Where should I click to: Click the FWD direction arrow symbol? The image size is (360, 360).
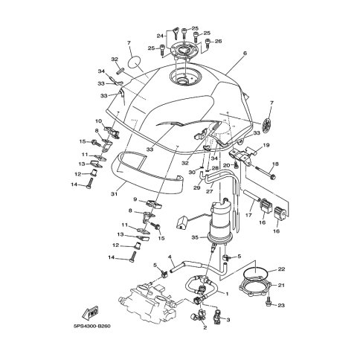coord(91,312)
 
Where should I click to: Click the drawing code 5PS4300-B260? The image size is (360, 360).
coord(91,326)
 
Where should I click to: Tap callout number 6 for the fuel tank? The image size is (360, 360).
coord(245,53)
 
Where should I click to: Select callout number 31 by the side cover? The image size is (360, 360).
coord(114,194)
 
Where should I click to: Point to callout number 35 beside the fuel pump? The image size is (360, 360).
coord(195,237)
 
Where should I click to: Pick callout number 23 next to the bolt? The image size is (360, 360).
coord(281,306)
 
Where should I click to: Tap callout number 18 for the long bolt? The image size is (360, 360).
coord(275,164)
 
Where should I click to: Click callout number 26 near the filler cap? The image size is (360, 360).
coord(218,41)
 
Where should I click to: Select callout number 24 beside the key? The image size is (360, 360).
coord(160,36)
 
